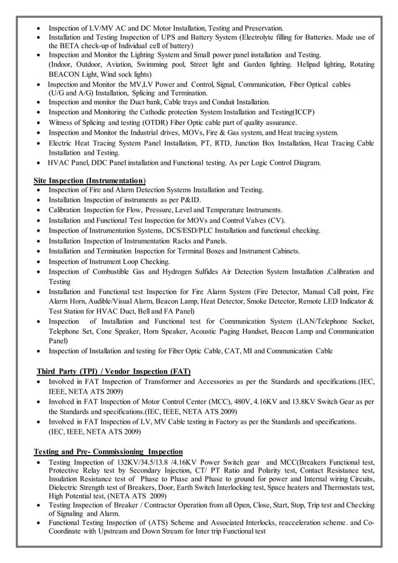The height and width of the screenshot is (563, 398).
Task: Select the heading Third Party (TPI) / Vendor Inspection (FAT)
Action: (114, 371)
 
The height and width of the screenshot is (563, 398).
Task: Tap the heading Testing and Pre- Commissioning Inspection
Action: (108, 451)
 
